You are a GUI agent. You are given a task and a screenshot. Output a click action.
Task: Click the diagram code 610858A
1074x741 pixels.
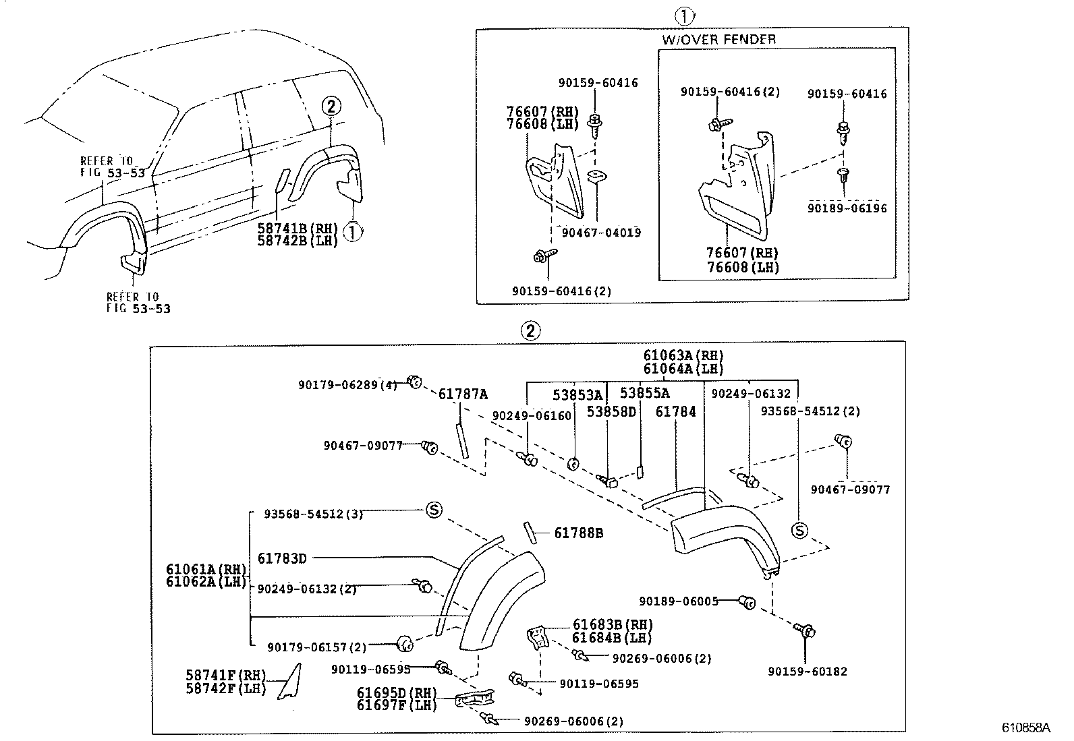coord(1026,728)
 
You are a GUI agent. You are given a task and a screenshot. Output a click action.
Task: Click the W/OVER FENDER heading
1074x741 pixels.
coord(718,39)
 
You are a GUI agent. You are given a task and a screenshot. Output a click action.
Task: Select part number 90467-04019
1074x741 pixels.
coord(601,233)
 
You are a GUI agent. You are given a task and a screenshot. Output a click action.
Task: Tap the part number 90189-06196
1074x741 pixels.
coord(847,208)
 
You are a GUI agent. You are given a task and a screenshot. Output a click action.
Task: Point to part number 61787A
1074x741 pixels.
coord(463,394)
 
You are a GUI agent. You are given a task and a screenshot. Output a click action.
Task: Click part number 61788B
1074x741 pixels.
coord(578,533)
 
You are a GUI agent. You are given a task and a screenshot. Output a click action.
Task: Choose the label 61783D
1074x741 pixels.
coord(282,558)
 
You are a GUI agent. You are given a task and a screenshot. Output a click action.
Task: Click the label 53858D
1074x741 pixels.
coord(611,411)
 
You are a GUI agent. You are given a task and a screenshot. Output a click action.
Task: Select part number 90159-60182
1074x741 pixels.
coord(808,672)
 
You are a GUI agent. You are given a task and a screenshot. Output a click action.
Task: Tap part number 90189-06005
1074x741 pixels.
coord(679,601)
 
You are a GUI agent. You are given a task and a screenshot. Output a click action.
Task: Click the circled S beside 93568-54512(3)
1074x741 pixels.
coord(434,510)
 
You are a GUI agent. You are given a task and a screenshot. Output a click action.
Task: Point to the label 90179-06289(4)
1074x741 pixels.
coord(347,384)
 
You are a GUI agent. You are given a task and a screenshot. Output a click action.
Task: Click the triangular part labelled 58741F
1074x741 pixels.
coord(290,682)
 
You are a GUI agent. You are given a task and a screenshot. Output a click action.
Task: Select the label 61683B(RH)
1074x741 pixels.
coord(613,625)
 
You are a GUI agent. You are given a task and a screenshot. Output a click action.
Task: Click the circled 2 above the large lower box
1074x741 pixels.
coord(530,330)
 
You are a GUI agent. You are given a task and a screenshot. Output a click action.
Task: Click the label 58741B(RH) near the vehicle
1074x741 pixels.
coord(297,229)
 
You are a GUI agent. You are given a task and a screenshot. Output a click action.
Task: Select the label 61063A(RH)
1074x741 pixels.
coord(683,355)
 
